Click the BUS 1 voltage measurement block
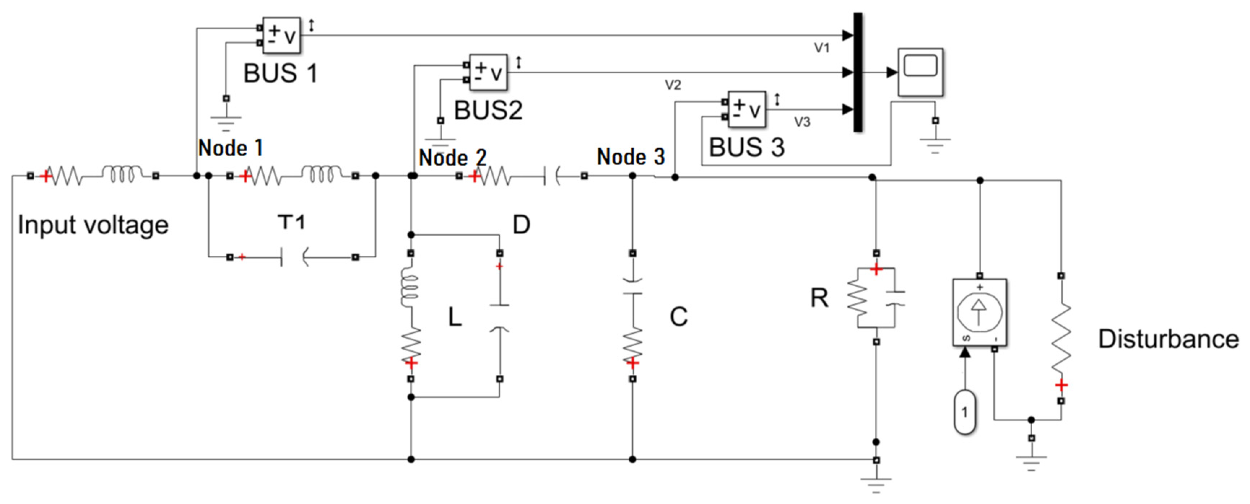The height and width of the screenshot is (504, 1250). coord(281,35)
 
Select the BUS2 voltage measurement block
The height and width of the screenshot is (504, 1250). coord(488,72)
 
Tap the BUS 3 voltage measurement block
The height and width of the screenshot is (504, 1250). coord(747,110)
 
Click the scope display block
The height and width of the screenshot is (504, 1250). coord(920,72)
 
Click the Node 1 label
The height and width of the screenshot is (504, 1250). coord(230,148)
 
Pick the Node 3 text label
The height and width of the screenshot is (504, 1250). coord(630,157)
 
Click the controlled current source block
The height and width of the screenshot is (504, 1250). coord(979,312)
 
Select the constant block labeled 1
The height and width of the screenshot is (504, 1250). coord(965,412)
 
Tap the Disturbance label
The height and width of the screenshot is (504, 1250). coord(1168,339)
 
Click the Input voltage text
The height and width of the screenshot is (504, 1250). coord(93,225)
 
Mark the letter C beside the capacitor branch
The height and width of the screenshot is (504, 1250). coord(678,317)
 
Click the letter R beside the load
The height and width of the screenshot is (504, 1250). coord(819,298)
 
